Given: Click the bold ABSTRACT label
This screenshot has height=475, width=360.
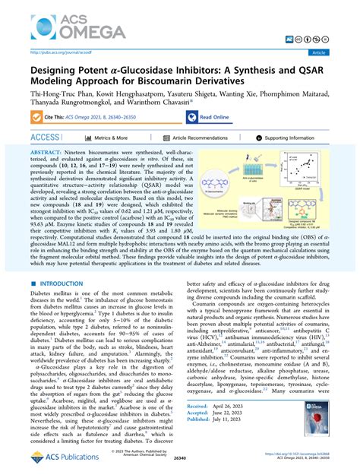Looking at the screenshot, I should coord(48,153).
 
